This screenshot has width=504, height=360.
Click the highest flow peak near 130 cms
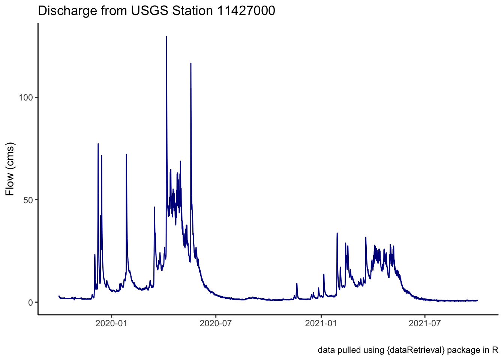pos(166,37)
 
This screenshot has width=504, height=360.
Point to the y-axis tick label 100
pos(26,97)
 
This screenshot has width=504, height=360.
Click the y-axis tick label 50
pos(28,200)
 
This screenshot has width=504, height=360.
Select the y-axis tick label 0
pos(31,302)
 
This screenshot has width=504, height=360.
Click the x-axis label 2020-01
pos(112,323)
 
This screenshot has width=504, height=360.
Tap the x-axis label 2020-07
pos(216,323)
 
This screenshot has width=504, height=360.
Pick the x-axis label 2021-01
pos(321,323)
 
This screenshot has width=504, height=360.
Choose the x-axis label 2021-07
pos(425,323)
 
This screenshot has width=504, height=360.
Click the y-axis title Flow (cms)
pos(10,169)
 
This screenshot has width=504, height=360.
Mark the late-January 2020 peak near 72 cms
pos(126,154)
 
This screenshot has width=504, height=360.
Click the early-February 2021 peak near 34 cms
pos(337,234)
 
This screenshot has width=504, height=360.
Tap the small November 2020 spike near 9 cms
pos(297,284)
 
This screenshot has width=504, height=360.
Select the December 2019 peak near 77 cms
pos(98,144)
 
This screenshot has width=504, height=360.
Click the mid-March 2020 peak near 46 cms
pos(154,207)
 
